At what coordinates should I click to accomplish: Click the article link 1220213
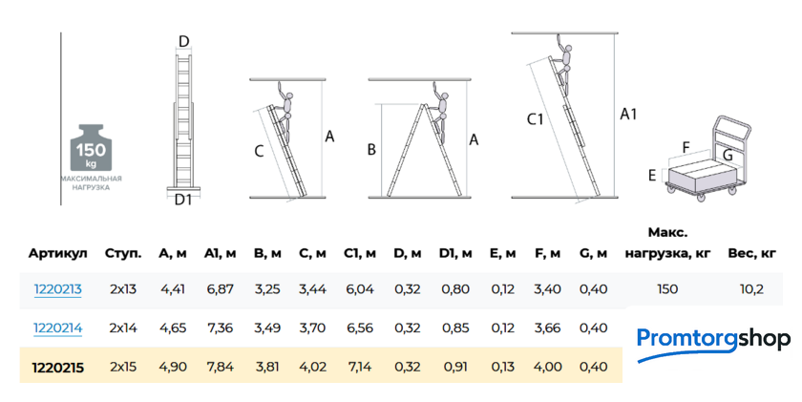[58, 289]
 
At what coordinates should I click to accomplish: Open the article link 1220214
[58, 328]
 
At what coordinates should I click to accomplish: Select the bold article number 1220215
[58, 368]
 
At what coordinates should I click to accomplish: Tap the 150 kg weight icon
[91, 147]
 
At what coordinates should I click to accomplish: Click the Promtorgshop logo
[713, 343]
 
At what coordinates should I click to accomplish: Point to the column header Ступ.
[123, 253]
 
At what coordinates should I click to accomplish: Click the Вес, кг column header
[752, 253]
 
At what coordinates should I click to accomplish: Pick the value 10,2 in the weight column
[751, 289]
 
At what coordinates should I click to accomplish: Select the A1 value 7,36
[221, 328]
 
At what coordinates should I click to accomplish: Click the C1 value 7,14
[360, 367]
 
